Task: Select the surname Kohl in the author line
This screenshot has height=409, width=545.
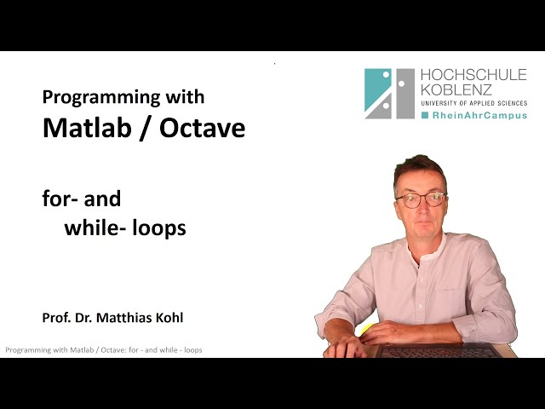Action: click(168, 318)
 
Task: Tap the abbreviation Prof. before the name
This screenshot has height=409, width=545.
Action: click(56, 318)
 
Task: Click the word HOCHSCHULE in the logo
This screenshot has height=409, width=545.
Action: click(473, 76)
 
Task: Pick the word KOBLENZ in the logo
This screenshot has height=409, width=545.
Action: click(455, 91)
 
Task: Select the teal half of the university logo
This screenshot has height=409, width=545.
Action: click(376, 93)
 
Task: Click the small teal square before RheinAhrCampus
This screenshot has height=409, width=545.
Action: click(425, 115)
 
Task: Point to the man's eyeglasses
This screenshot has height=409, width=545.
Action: click(420, 199)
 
